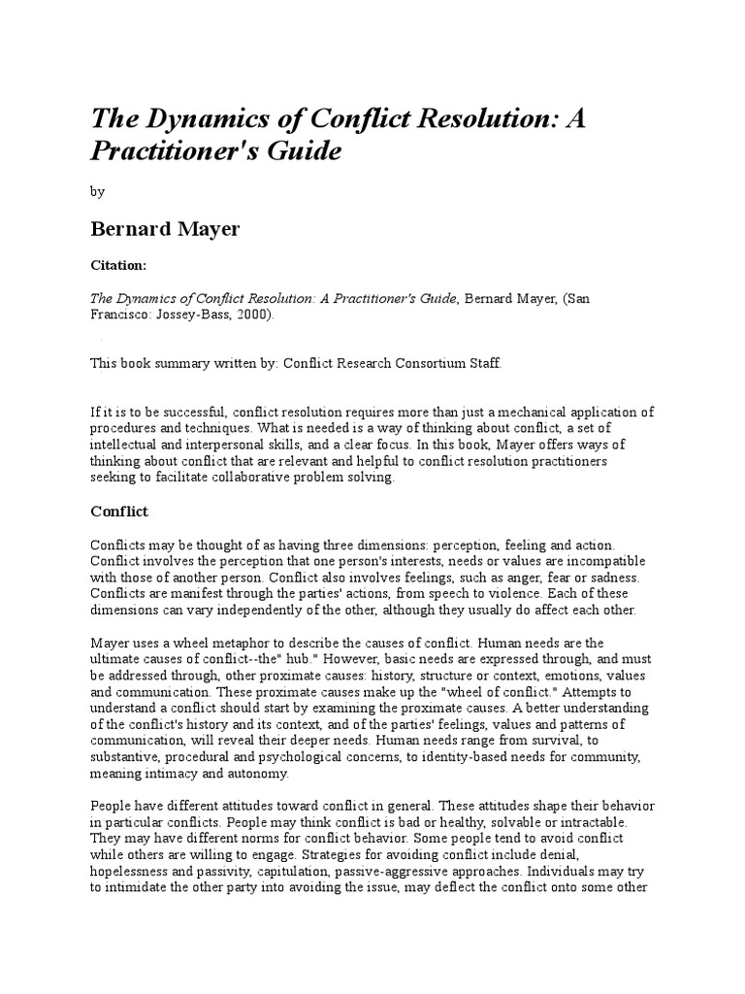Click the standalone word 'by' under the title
click(97, 192)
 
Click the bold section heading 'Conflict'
click(119, 512)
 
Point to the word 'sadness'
click(608, 579)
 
